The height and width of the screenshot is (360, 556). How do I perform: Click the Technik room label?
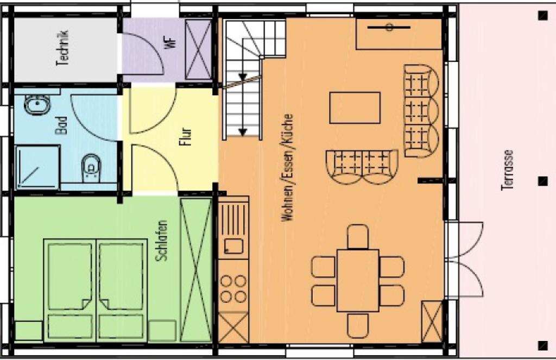(62, 48)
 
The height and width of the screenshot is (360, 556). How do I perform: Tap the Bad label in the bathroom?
(61, 125)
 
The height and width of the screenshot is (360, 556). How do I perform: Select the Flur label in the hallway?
(185, 136)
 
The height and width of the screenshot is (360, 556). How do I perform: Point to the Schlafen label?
(162, 241)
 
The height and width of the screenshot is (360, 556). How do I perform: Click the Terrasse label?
(508, 170)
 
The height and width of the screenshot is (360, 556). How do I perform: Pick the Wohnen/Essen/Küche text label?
(288, 168)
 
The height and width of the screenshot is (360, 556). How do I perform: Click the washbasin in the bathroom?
(37, 105)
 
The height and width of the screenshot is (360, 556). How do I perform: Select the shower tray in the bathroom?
(37, 167)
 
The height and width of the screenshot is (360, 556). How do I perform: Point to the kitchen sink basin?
(233, 246)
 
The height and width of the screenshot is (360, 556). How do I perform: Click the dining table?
(358, 281)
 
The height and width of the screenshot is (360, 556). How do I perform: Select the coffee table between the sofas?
(355, 108)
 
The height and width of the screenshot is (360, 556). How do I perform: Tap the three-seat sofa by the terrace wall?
(421, 111)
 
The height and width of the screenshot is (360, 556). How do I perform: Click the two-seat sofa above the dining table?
(362, 167)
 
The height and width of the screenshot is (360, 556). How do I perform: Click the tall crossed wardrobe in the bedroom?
(196, 269)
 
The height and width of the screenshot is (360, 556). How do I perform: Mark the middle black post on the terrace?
(542, 181)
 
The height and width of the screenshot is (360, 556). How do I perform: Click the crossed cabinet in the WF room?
(198, 49)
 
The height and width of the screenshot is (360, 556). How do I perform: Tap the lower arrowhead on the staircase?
(243, 132)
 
